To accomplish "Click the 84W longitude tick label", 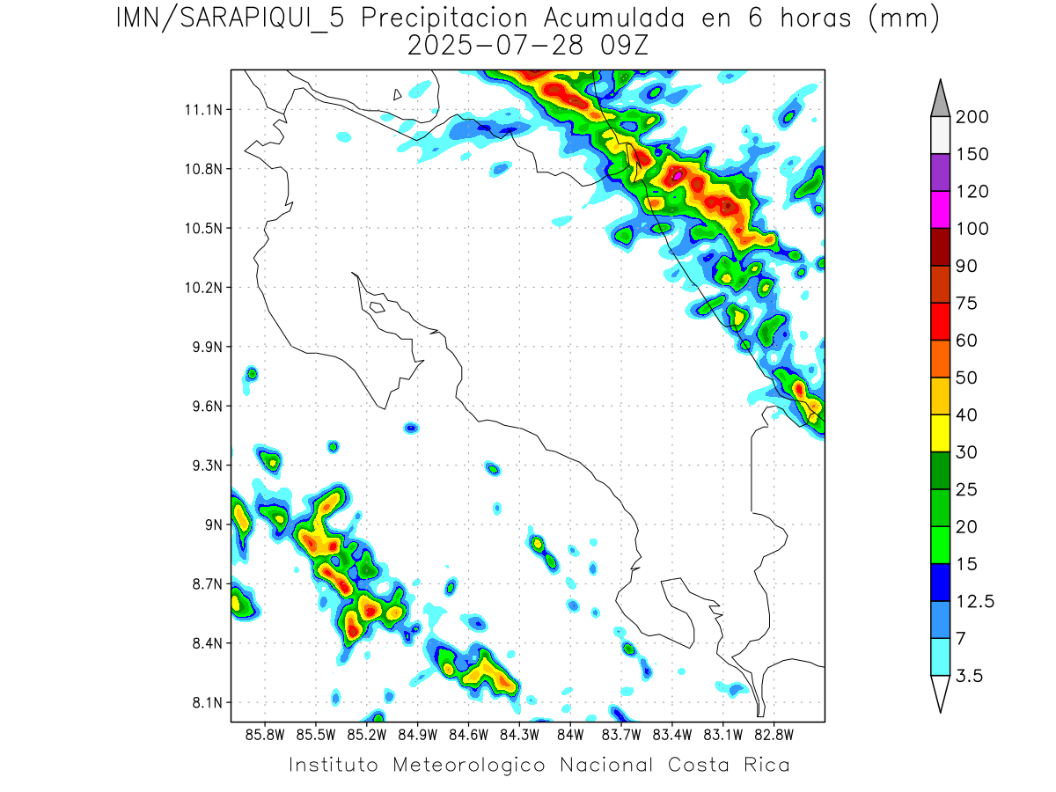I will (570, 734).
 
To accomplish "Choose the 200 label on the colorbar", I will (972, 117).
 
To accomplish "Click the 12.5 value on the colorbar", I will (975, 602).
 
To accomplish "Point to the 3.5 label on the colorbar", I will (969, 676).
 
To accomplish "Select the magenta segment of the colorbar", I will (940, 209).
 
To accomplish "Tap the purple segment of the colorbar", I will (940, 172).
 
